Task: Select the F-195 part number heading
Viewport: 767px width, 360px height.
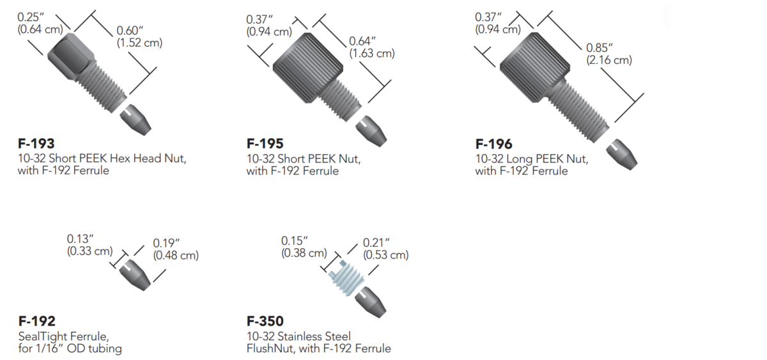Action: pos(265,144)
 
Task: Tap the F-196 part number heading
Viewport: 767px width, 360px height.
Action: pos(493,144)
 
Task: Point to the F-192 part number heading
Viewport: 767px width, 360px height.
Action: pos(36,321)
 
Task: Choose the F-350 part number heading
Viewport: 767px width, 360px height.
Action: pos(265,321)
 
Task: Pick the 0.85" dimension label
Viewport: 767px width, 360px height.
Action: pos(600,47)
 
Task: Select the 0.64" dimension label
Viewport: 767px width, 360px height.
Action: pos(362,42)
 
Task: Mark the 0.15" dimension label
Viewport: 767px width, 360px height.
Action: pos(295,240)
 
